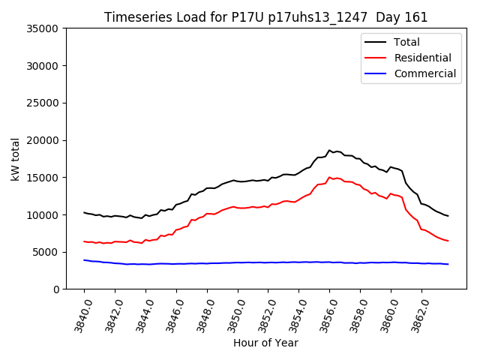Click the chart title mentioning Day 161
[265, 17]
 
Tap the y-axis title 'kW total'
[15, 159]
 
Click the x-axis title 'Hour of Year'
[265, 343]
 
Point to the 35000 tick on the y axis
[42, 28]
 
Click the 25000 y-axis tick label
[42, 103]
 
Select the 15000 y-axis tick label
[42, 178]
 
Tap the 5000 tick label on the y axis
[45, 252]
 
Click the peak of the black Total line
[329, 150]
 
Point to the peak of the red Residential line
[329, 178]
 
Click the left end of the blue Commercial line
[84, 260]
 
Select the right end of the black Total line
[448, 216]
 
